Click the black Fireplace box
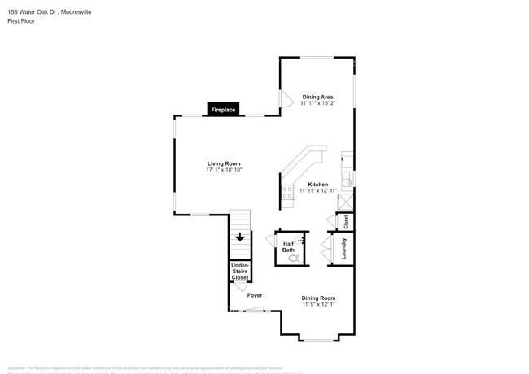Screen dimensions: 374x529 pos(223,109)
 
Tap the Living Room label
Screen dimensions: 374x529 pos(223,163)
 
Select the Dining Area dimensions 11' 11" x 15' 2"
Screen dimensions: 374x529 pos(317,103)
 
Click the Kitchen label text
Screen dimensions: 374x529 pos(317,183)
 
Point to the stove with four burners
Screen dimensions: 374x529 pos(287,193)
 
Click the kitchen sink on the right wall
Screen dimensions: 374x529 pos(348,178)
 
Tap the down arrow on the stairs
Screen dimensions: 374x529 pos(240,237)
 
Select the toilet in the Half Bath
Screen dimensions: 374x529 pos(297,258)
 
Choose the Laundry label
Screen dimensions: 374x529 pos(345,248)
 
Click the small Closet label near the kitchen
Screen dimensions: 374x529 pos(346,220)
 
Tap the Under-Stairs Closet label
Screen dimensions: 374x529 pos(240,272)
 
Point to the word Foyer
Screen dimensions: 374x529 pos(255,295)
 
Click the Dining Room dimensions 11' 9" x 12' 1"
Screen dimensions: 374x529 pos(318,304)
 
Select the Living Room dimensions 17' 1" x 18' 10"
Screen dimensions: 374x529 pos(223,169)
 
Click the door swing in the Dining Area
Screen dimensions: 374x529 pos(286,98)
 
